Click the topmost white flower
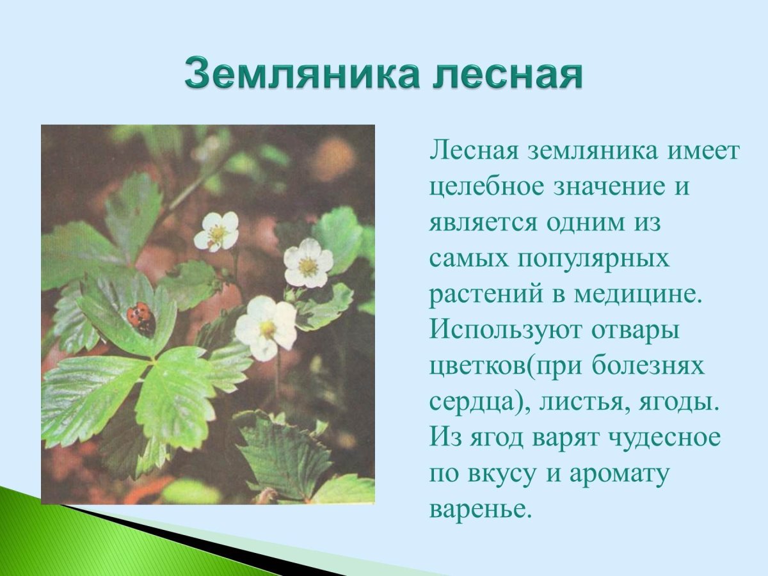[216, 231]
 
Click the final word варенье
[481, 509]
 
